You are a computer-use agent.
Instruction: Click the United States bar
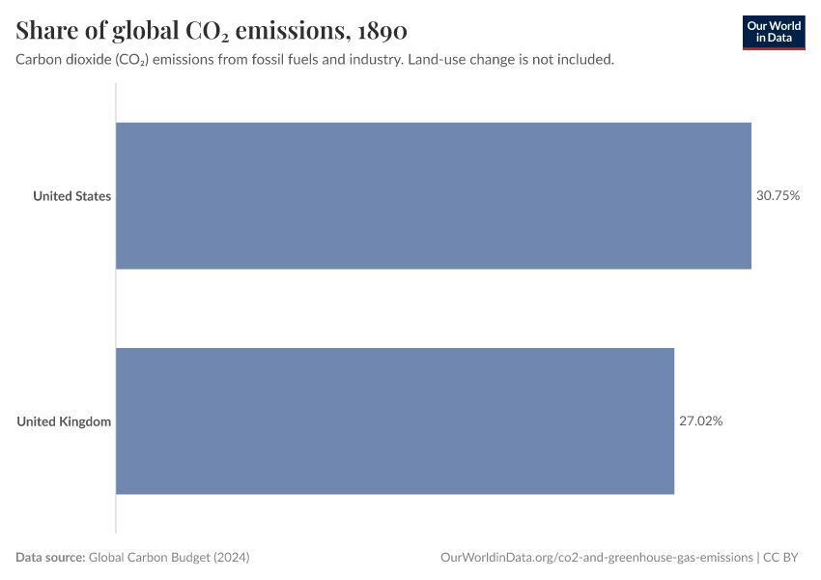[434, 195]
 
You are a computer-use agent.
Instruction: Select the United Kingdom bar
[395, 421]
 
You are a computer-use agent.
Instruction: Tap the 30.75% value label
[778, 195]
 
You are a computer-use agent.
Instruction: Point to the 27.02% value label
[700, 421]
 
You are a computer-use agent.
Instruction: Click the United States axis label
[71, 196]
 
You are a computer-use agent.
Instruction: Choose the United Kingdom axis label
[64, 421]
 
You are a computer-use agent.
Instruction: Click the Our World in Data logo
[773, 32]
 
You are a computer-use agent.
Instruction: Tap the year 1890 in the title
[382, 31]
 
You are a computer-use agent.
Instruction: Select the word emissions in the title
[293, 31]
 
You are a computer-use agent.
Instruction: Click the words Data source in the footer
[50, 558]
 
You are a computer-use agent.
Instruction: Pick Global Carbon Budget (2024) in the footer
[176, 558]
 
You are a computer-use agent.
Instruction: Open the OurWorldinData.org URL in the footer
[596, 558]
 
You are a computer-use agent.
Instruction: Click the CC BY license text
[782, 558]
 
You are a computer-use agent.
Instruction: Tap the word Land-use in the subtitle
[437, 60]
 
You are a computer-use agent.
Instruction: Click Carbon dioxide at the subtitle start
[59, 60]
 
